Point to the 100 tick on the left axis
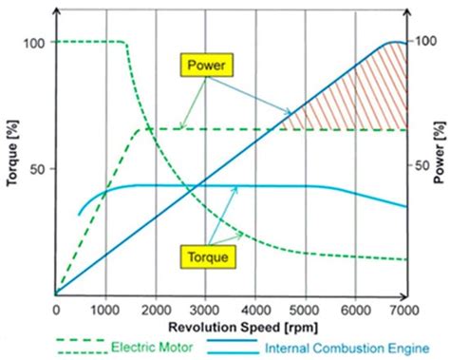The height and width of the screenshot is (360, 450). (x=36, y=43)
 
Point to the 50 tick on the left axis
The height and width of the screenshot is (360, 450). (x=40, y=168)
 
